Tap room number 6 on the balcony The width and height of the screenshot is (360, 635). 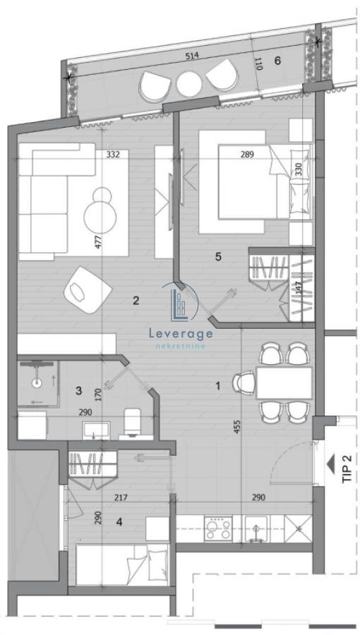[x=277, y=61]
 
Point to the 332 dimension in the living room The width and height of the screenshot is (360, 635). [x=112, y=154]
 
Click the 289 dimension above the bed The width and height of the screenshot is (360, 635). [x=247, y=154]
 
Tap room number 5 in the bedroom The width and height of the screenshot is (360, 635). [x=218, y=257]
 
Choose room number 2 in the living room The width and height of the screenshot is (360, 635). [x=136, y=301]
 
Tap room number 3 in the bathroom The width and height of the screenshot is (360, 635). [x=79, y=390]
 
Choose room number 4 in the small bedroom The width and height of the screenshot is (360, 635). [x=119, y=524]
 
